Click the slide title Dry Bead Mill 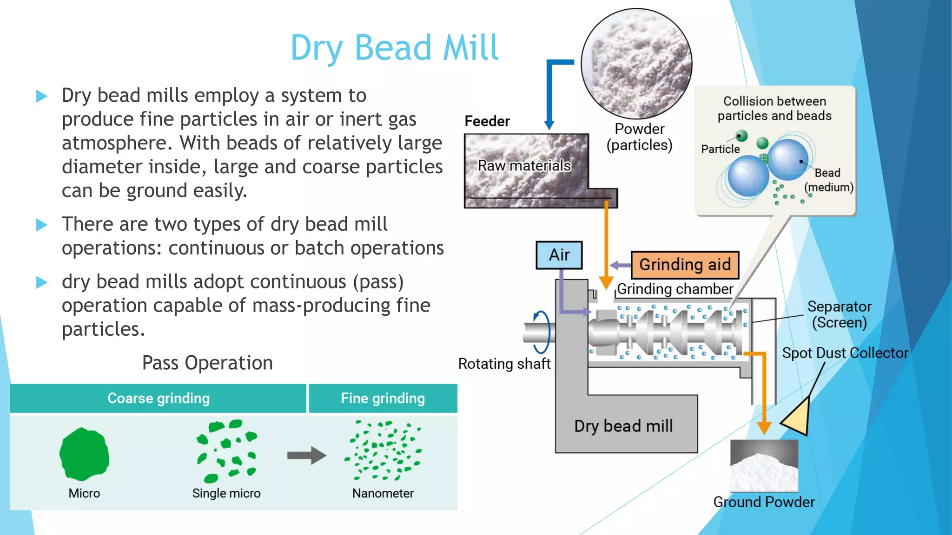[394, 48]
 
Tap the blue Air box [559, 255]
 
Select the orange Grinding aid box [685, 265]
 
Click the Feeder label [487, 121]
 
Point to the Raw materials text [524, 166]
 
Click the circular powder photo [636, 64]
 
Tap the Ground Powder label [764, 502]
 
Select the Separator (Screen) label [839, 314]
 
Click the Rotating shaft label [504, 364]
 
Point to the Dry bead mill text [623, 426]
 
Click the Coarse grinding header [159, 398]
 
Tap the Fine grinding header [383, 398]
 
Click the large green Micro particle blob [84, 455]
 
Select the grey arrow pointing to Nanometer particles [306, 455]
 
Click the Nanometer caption [383, 493]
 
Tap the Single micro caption [226, 493]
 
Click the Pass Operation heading [207, 363]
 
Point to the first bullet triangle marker [42, 97]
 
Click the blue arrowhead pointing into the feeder [549, 125]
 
